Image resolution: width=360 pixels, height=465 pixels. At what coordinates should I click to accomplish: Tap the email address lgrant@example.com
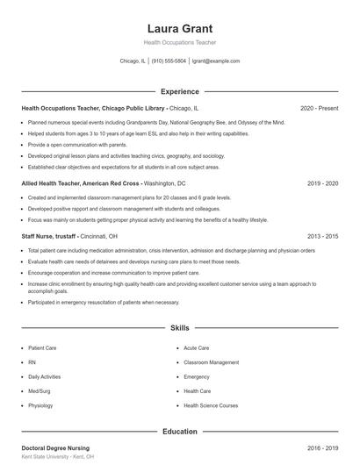(215, 61)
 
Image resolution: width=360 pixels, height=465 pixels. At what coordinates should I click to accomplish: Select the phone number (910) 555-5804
(169, 61)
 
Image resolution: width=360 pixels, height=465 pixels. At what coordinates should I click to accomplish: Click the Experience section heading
(179, 91)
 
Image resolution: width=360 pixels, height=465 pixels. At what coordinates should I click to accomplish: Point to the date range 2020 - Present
(319, 109)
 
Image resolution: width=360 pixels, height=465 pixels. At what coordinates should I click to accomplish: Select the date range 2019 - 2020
(322, 184)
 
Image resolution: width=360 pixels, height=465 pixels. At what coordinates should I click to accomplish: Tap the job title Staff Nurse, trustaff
(49, 236)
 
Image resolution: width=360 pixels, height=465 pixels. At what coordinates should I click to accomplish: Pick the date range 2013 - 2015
(322, 236)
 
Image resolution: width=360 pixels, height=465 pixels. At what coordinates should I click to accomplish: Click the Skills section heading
(179, 328)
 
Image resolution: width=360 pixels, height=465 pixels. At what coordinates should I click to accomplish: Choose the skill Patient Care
(43, 348)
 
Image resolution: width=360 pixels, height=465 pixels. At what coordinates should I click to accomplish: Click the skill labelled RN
(32, 362)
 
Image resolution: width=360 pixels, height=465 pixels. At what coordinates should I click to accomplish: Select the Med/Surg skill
(40, 391)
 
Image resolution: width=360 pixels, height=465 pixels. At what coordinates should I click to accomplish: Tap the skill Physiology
(40, 405)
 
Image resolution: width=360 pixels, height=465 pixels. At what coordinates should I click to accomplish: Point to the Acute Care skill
(197, 348)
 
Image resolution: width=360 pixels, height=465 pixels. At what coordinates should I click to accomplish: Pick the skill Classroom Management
(211, 362)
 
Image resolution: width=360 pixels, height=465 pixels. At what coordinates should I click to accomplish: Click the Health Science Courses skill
(211, 405)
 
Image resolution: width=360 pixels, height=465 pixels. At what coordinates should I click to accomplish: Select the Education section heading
(179, 431)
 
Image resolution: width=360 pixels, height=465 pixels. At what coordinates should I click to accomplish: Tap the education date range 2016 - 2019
(322, 448)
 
